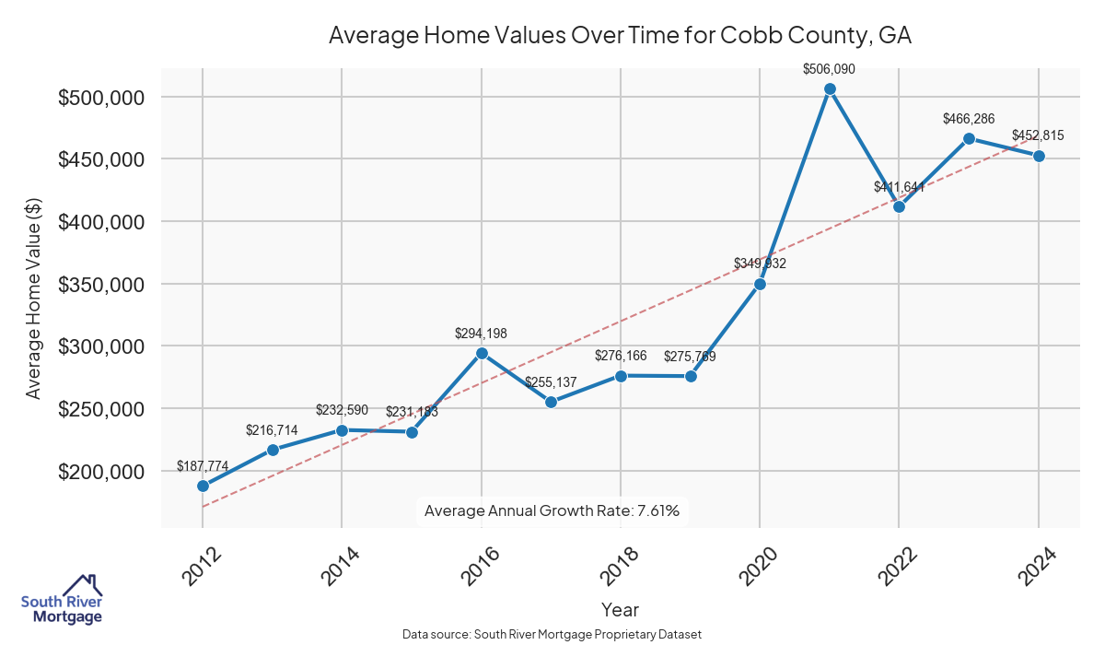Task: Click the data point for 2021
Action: (x=830, y=89)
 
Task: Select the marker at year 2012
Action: (x=203, y=486)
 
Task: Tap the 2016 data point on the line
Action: (x=482, y=353)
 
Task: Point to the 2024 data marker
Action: (x=1039, y=156)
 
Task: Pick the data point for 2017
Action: (x=551, y=402)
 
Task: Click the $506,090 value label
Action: (x=830, y=68)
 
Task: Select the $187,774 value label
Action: (x=203, y=466)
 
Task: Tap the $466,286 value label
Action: (x=969, y=119)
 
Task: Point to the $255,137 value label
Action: (x=551, y=381)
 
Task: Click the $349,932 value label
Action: (x=760, y=264)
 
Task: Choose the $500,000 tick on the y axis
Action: (x=99, y=98)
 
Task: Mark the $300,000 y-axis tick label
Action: (x=99, y=346)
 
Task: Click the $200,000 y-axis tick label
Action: (x=99, y=472)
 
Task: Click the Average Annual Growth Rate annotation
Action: (x=552, y=510)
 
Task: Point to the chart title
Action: (x=620, y=36)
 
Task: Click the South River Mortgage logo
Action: (x=62, y=600)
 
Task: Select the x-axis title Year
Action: (x=620, y=609)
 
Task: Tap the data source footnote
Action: (x=552, y=634)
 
